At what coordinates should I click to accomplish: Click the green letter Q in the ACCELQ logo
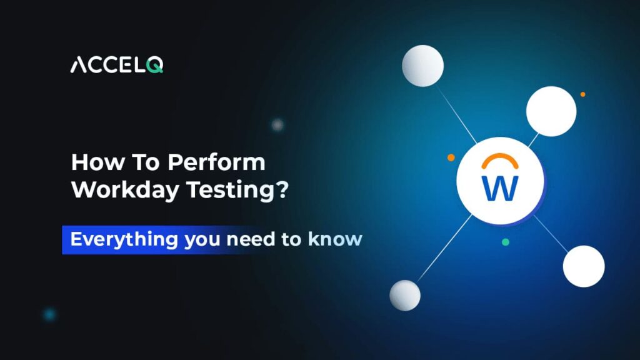tap(155, 65)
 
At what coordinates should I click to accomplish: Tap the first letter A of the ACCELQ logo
tap(78, 65)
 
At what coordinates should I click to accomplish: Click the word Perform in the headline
tap(216, 162)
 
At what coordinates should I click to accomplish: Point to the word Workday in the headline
tap(125, 190)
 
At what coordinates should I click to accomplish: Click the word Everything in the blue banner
tap(124, 239)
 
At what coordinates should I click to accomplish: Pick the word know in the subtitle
tap(335, 239)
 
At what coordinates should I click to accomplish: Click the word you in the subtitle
tap(202, 241)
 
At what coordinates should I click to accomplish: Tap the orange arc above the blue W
tap(500, 155)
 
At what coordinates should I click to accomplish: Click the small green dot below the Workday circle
tap(505, 242)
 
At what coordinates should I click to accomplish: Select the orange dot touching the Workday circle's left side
tap(451, 157)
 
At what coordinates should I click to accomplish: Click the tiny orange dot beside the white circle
tap(583, 94)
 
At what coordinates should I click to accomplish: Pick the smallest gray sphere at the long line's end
tap(405, 296)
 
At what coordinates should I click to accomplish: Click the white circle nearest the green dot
tap(584, 266)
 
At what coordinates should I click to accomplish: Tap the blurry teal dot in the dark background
tap(50, 314)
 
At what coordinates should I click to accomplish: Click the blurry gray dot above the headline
tap(277, 124)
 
